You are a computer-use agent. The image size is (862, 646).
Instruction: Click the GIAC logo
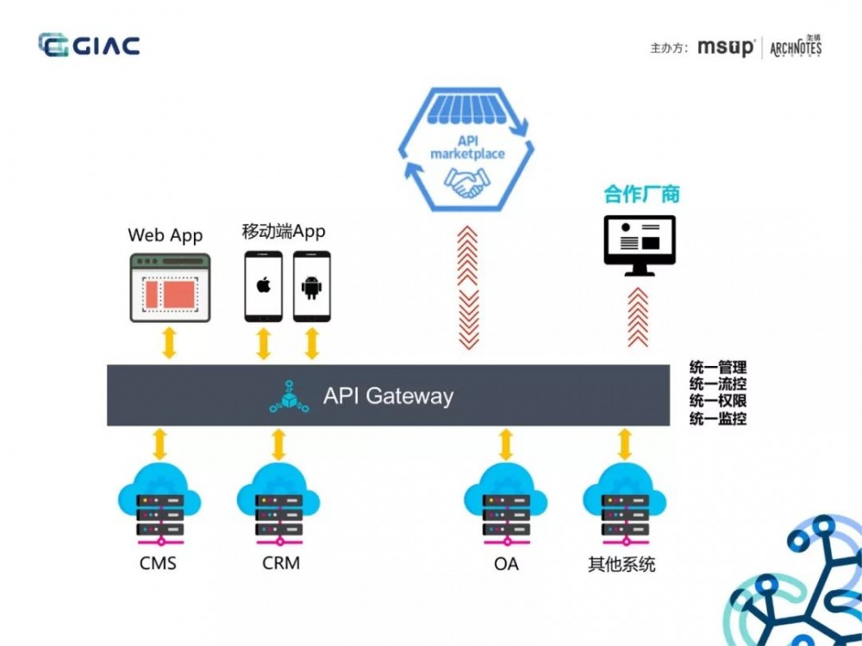pyautogui.click(x=89, y=45)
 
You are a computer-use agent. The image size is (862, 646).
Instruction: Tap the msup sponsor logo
pyautogui.click(x=726, y=47)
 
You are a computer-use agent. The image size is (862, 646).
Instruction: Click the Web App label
pyautogui.click(x=166, y=234)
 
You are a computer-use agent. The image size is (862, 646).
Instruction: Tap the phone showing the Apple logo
pyautogui.click(x=264, y=286)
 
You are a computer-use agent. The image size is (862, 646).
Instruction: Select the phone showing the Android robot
pyautogui.click(x=311, y=286)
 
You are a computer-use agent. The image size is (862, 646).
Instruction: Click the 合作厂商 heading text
pyautogui.click(x=641, y=195)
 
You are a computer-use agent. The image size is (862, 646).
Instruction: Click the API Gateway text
pyautogui.click(x=388, y=396)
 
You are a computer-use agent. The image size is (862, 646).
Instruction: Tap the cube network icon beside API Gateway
pyautogui.click(x=289, y=396)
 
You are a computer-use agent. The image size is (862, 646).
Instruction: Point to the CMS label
pyautogui.click(x=158, y=564)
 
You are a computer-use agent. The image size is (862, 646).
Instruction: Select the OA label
pyautogui.click(x=506, y=564)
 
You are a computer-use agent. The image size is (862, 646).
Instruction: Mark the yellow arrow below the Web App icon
pyautogui.click(x=169, y=343)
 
